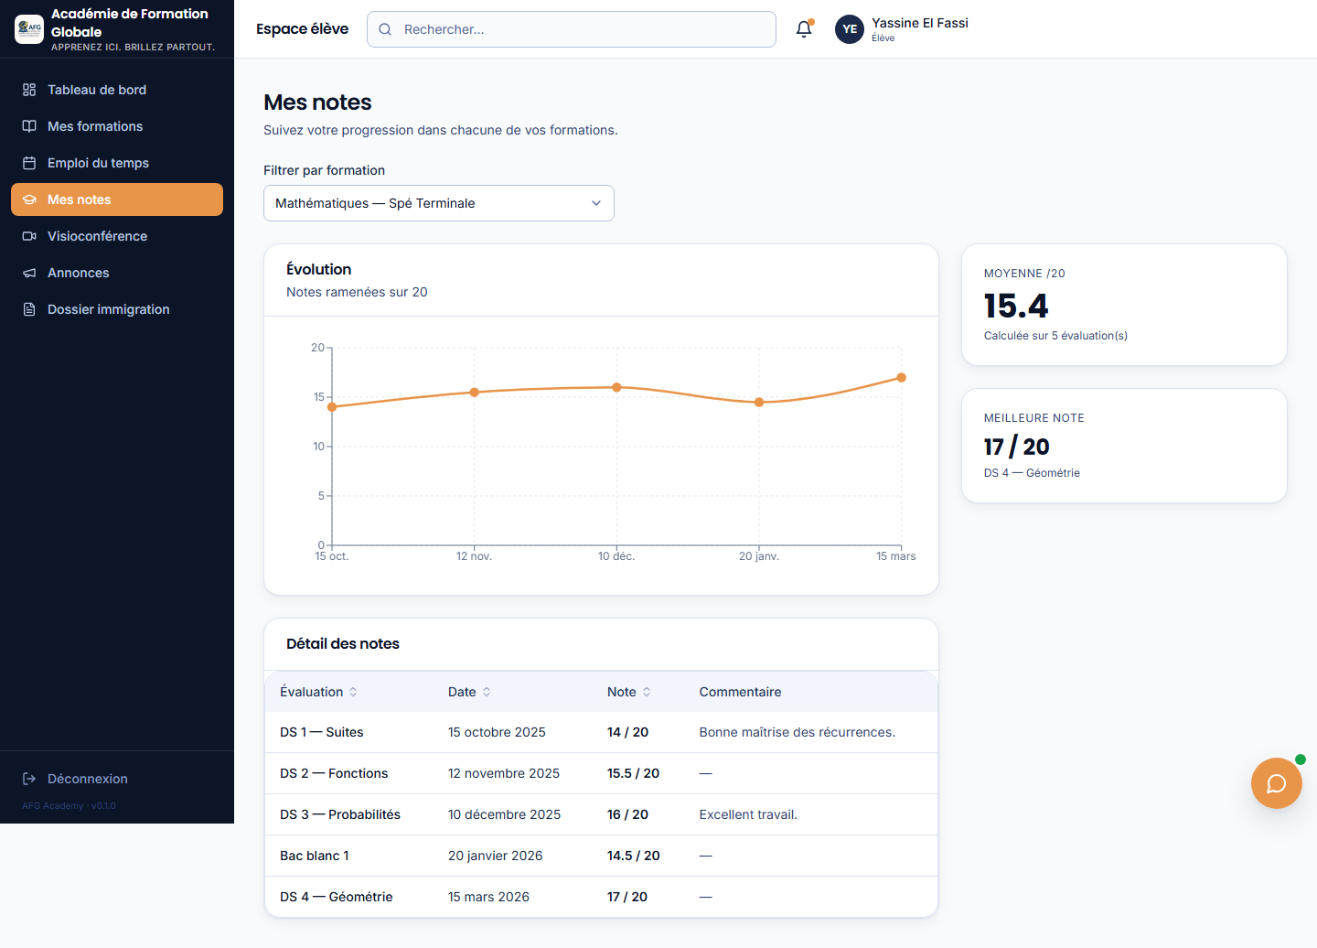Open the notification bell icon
pyautogui.click(x=804, y=28)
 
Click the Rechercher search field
pyautogui.click(x=571, y=29)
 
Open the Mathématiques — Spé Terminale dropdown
pyautogui.click(x=439, y=203)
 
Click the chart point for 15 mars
pyautogui.click(x=902, y=378)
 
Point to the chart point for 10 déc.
pyautogui.click(x=616, y=388)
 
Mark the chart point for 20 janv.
pyautogui.click(x=759, y=403)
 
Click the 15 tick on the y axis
pyautogui.click(x=318, y=397)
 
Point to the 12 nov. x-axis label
pyautogui.click(x=474, y=555)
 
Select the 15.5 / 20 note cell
pyautogui.click(x=633, y=773)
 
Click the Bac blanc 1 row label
pyautogui.click(x=314, y=856)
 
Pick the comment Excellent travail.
pyautogui.click(x=748, y=814)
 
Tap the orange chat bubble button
pyautogui.click(x=1276, y=782)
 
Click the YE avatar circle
pyautogui.click(x=850, y=29)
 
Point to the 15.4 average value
pyautogui.click(x=1016, y=306)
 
